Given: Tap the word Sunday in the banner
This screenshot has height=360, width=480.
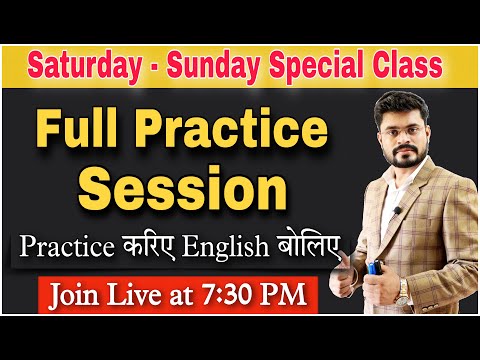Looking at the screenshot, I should click(202, 67).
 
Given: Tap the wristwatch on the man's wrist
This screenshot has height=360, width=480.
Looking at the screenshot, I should click(404, 289).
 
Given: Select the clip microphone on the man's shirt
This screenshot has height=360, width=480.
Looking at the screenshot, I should click(396, 211).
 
